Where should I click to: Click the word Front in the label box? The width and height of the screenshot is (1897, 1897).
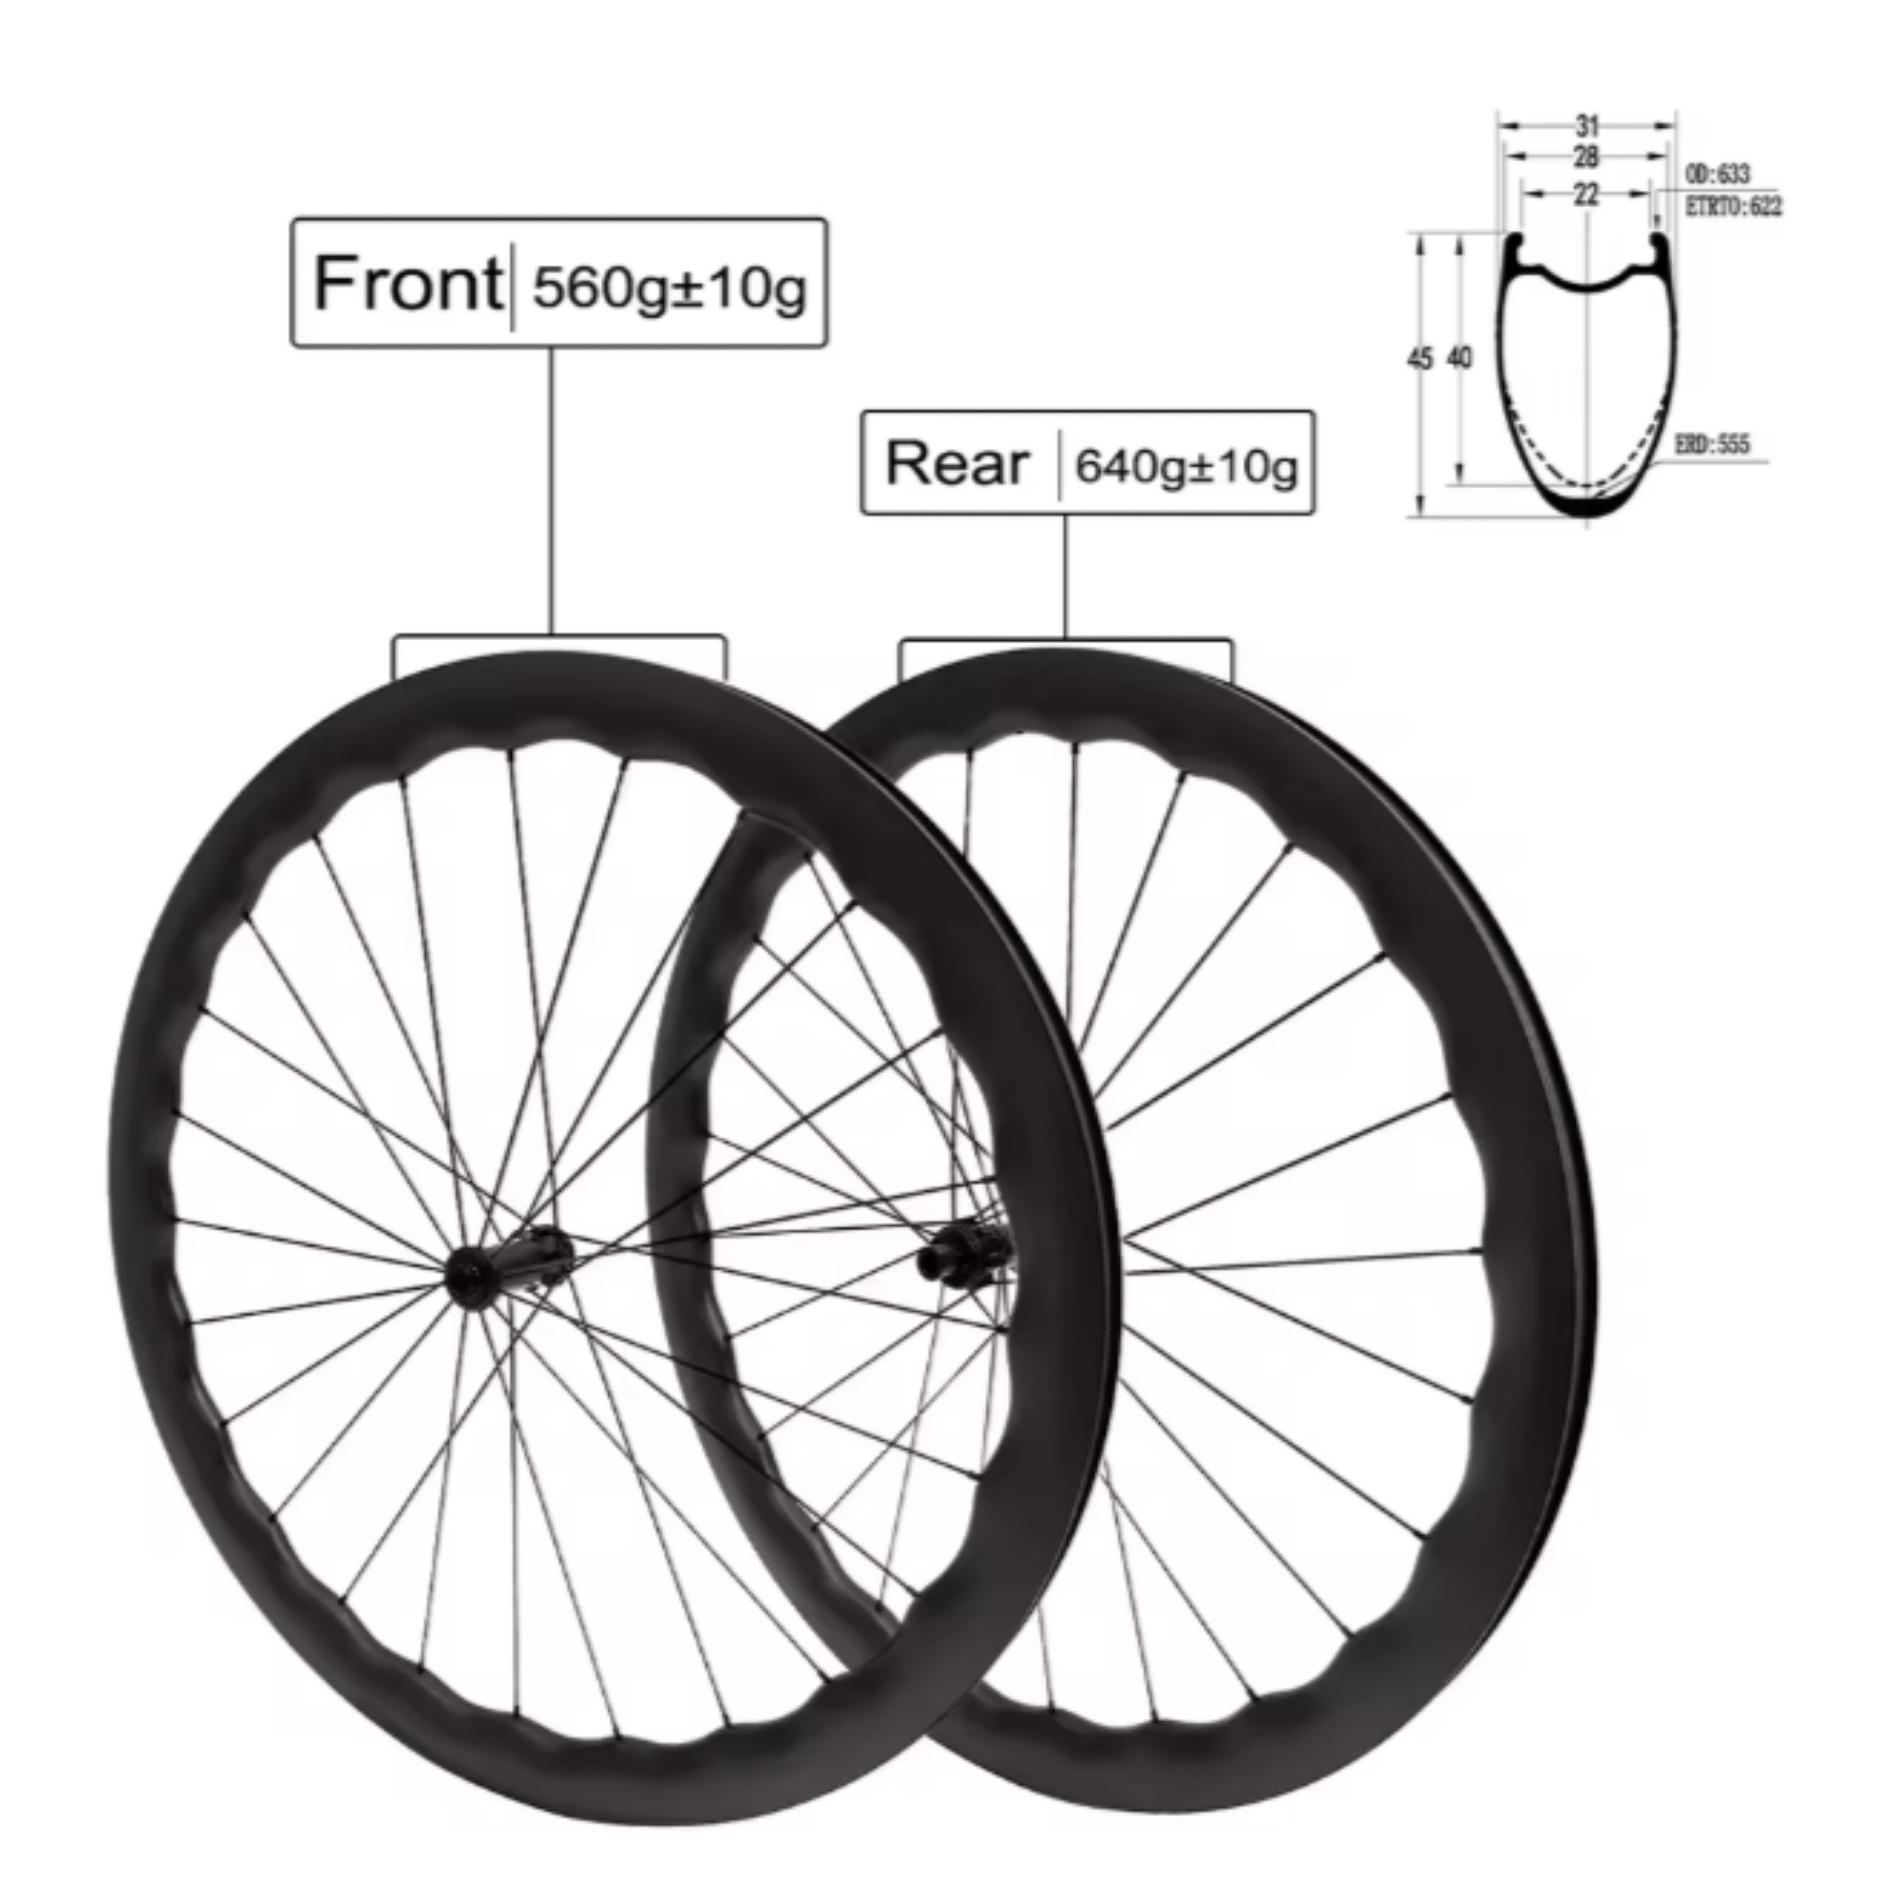point(407,284)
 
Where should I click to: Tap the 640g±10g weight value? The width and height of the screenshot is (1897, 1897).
point(1186,466)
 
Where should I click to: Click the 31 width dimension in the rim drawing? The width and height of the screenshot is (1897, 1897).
point(1587,126)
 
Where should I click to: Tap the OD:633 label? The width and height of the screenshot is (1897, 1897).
point(1718,174)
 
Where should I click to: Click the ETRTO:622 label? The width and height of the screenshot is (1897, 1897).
point(1733,206)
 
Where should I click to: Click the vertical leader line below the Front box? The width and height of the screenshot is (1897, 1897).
point(551,491)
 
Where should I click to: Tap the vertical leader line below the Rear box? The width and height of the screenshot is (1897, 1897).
point(1065,574)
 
